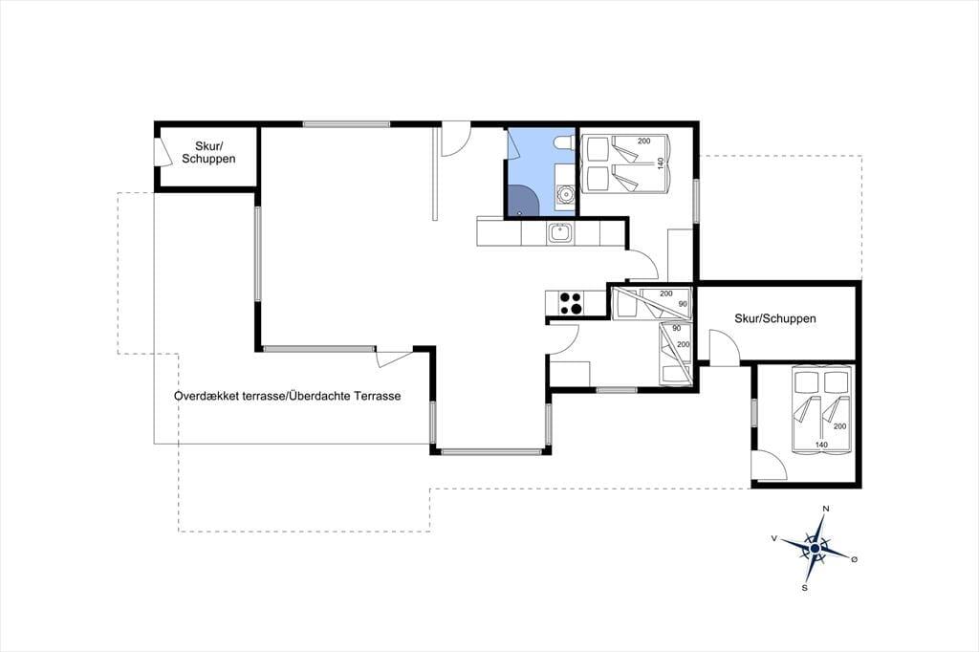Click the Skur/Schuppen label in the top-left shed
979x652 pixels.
(208, 152)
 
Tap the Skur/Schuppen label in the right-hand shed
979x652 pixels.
(774, 318)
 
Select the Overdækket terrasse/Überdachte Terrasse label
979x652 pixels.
(287, 396)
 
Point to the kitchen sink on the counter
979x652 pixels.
(560, 233)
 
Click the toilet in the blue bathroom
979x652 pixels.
(563, 141)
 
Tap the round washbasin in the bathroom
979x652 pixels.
(566, 194)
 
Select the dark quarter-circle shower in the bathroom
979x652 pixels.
(522, 201)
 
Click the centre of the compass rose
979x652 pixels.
(815, 549)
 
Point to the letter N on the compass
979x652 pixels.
(825, 509)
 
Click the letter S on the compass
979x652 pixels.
(805, 588)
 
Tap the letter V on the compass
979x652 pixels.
(774, 537)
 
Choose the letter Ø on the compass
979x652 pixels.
(854, 559)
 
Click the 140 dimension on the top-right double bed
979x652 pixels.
(660, 163)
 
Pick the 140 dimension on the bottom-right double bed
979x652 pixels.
(821, 445)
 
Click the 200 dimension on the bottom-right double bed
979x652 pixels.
(839, 426)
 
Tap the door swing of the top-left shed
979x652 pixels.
(163, 152)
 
